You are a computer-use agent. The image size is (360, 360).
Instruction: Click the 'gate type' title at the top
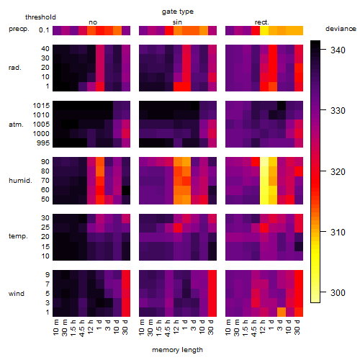point(178,12)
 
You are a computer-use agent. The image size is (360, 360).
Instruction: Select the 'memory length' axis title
point(177,350)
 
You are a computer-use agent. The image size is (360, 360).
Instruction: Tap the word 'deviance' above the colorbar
point(341,29)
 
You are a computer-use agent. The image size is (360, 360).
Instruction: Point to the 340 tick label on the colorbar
point(338,50)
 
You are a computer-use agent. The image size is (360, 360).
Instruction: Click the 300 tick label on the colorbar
point(338,292)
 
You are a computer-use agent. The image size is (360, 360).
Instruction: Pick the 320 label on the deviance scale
point(338,171)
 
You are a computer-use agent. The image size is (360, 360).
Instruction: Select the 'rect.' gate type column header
point(261,22)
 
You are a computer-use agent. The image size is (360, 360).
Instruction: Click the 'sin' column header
point(177,22)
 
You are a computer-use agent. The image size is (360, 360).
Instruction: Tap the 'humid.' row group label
point(20,181)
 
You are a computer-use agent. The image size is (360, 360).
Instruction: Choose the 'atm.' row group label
point(16,125)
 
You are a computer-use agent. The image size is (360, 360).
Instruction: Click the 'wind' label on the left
point(17,294)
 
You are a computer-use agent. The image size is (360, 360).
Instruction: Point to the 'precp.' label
point(19,29)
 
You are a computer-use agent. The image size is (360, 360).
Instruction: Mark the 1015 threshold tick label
point(41,106)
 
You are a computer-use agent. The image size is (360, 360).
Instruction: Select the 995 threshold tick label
point(43,143)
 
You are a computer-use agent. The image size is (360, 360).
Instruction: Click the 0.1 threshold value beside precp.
point(44,30)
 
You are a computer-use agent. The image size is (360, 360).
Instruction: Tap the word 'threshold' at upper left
point(40,17)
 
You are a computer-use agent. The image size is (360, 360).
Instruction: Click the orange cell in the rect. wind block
point(282,312)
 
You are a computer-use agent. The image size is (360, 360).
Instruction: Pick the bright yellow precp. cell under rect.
point(264,30)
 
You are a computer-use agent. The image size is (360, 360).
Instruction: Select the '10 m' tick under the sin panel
point(143,327)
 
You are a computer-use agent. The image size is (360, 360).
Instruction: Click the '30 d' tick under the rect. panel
point(297,327)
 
